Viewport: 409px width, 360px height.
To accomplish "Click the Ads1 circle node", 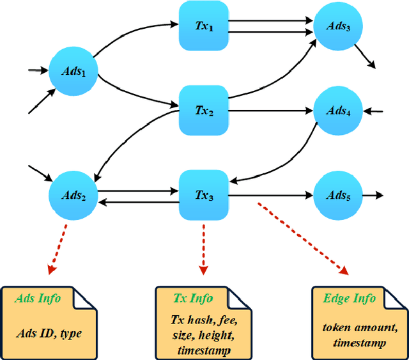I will click(x=72, y=71).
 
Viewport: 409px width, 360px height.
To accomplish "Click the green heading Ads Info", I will click(x=37, y=299).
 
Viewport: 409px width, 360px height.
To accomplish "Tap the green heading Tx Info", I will click(x=194, y=299).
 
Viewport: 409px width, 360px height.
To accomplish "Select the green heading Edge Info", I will click(x=348, y=299).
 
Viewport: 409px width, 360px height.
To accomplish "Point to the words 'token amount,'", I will click(x=357, y=328).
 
